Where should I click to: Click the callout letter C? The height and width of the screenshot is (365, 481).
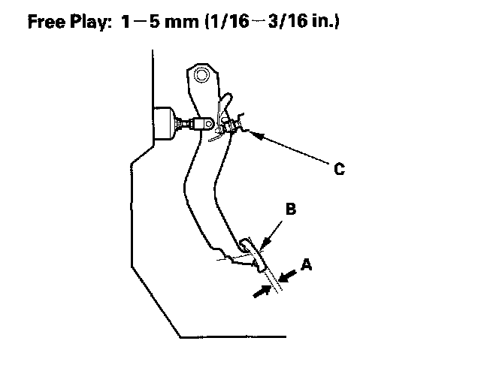click(339, 170)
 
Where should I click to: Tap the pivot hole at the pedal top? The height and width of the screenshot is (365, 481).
click(200, 74)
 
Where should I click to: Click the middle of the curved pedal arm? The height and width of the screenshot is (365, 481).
click(199, 180)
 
